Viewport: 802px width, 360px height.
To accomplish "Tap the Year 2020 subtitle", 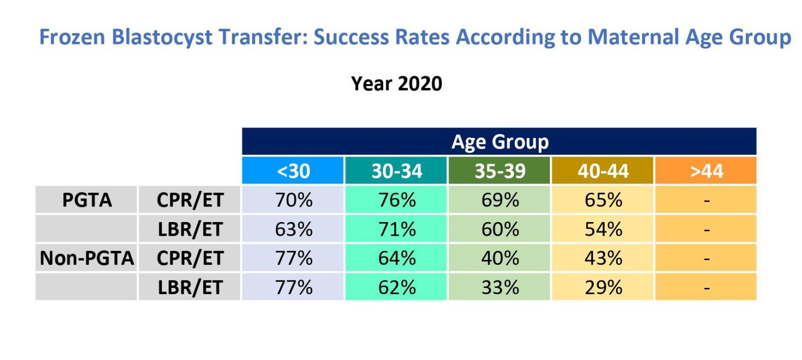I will coord(396,83).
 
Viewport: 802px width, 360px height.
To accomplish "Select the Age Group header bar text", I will coord(500,142).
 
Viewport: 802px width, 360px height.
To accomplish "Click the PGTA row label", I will coord(87,200).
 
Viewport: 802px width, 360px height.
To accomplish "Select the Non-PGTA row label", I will coord(87,258).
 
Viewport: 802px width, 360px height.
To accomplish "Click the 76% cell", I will coord(396,200).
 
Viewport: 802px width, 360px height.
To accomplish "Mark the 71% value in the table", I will coord(396,229).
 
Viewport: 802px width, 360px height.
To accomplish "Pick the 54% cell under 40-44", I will coord(603,229).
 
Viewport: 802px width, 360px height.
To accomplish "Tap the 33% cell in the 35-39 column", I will coord(500,287).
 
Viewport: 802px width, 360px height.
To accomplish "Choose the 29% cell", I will coord(603,287).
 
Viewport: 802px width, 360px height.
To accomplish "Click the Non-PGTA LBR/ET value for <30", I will coord(293,287).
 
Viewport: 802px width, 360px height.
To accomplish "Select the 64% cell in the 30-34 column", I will coord(396,258).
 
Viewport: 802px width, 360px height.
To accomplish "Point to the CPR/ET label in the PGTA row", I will coord(190,200).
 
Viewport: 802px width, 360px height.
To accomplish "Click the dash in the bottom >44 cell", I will coord(706,287).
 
